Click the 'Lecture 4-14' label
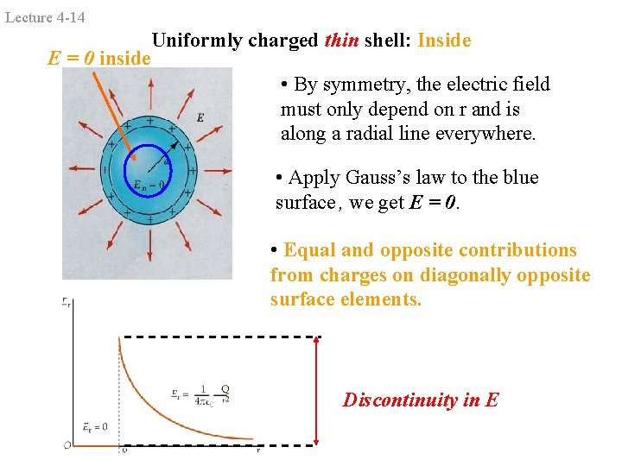(45, 17)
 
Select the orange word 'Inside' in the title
(444, 41)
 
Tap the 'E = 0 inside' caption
(99, 59)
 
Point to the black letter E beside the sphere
(200, 116)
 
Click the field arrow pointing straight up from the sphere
(151, 94)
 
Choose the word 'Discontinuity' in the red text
(396, 400)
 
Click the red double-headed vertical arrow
(317, 390)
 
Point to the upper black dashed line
(220, 336)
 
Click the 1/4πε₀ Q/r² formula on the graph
(200, 394)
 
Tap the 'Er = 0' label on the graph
(94, 426)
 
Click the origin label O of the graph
(67, 445)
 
